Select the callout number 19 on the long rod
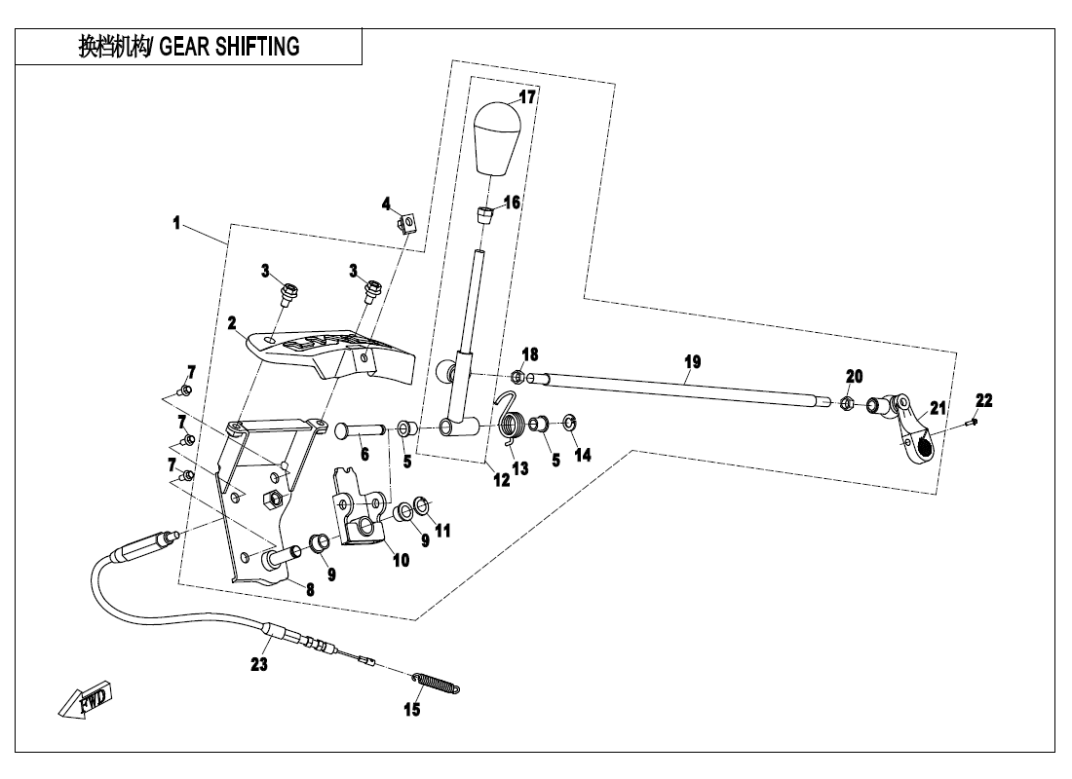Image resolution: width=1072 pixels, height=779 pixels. coord(692,361)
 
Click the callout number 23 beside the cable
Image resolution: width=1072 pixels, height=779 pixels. coord(258,665)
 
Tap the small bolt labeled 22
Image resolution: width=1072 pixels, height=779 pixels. coord(972,422)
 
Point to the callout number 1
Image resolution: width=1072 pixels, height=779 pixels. coord(176,224)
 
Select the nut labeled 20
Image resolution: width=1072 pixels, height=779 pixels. coord(848,402)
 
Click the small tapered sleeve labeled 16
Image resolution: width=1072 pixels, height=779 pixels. coord(486,214)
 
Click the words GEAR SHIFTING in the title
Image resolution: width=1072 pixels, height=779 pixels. coord(230,46)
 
